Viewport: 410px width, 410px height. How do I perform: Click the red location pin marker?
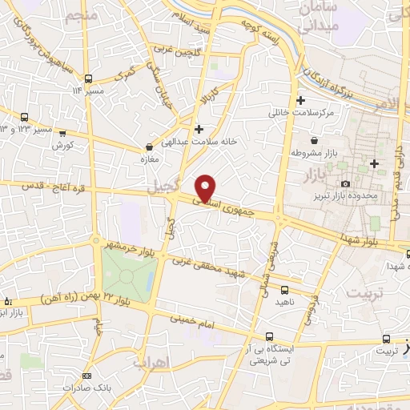pos(207,187)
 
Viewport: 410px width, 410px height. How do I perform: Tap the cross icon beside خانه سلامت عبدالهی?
pos(199,128)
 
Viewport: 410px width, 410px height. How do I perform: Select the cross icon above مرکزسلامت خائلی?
pos(300,101)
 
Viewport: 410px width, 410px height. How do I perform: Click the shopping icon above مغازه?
pos(150,147)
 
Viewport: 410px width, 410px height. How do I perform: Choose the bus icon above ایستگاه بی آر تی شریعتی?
pos(270,337)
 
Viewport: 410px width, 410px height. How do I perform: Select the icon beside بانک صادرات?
pos(86,376)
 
